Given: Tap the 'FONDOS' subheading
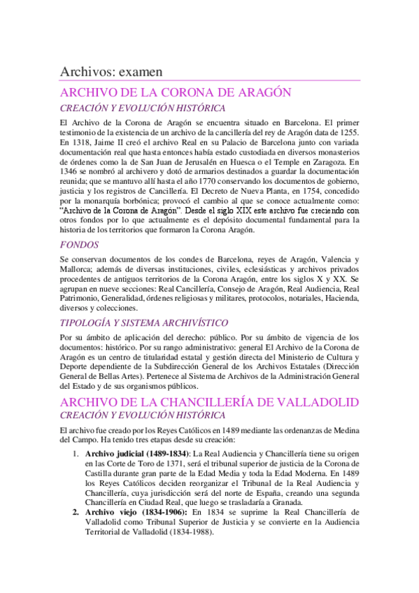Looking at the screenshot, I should (79, 245).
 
